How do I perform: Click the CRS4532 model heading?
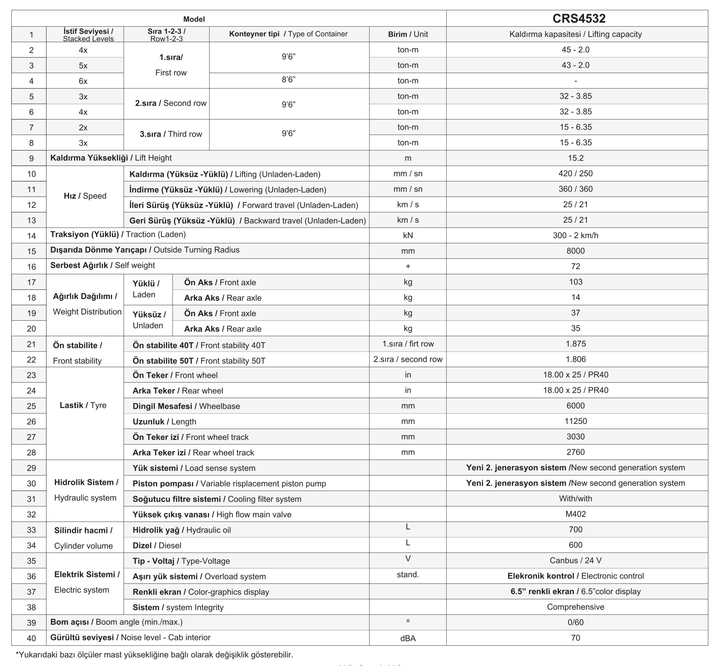(x=579, y=18)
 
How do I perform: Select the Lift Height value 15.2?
(x=576, y=158)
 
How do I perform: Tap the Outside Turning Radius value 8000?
(x=576, y=251)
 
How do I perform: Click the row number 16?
(x=31, y=267)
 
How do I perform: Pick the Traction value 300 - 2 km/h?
(x=576, y=235)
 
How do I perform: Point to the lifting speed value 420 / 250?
(x=576, y=173)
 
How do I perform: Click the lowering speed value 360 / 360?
(x=576, y=189)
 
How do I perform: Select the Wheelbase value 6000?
(x=576, y=406)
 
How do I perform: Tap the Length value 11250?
(x=576, y=421)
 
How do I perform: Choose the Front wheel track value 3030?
(x=576, y=437)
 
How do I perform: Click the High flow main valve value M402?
(x=576, y=514)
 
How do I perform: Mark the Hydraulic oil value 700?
(x=576, y=530)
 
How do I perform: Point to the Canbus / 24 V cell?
(x=576, y=561)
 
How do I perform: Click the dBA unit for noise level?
(x=408, y=638)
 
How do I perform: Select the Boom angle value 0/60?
(x=576, y=622)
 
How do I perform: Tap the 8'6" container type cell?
(x=288, y=80)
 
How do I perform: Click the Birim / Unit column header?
(x=408, y=34)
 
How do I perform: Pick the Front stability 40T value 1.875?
(x=576, y=344)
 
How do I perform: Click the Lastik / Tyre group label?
(x=83, y=406)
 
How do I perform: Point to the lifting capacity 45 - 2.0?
(x=576, y=50)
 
